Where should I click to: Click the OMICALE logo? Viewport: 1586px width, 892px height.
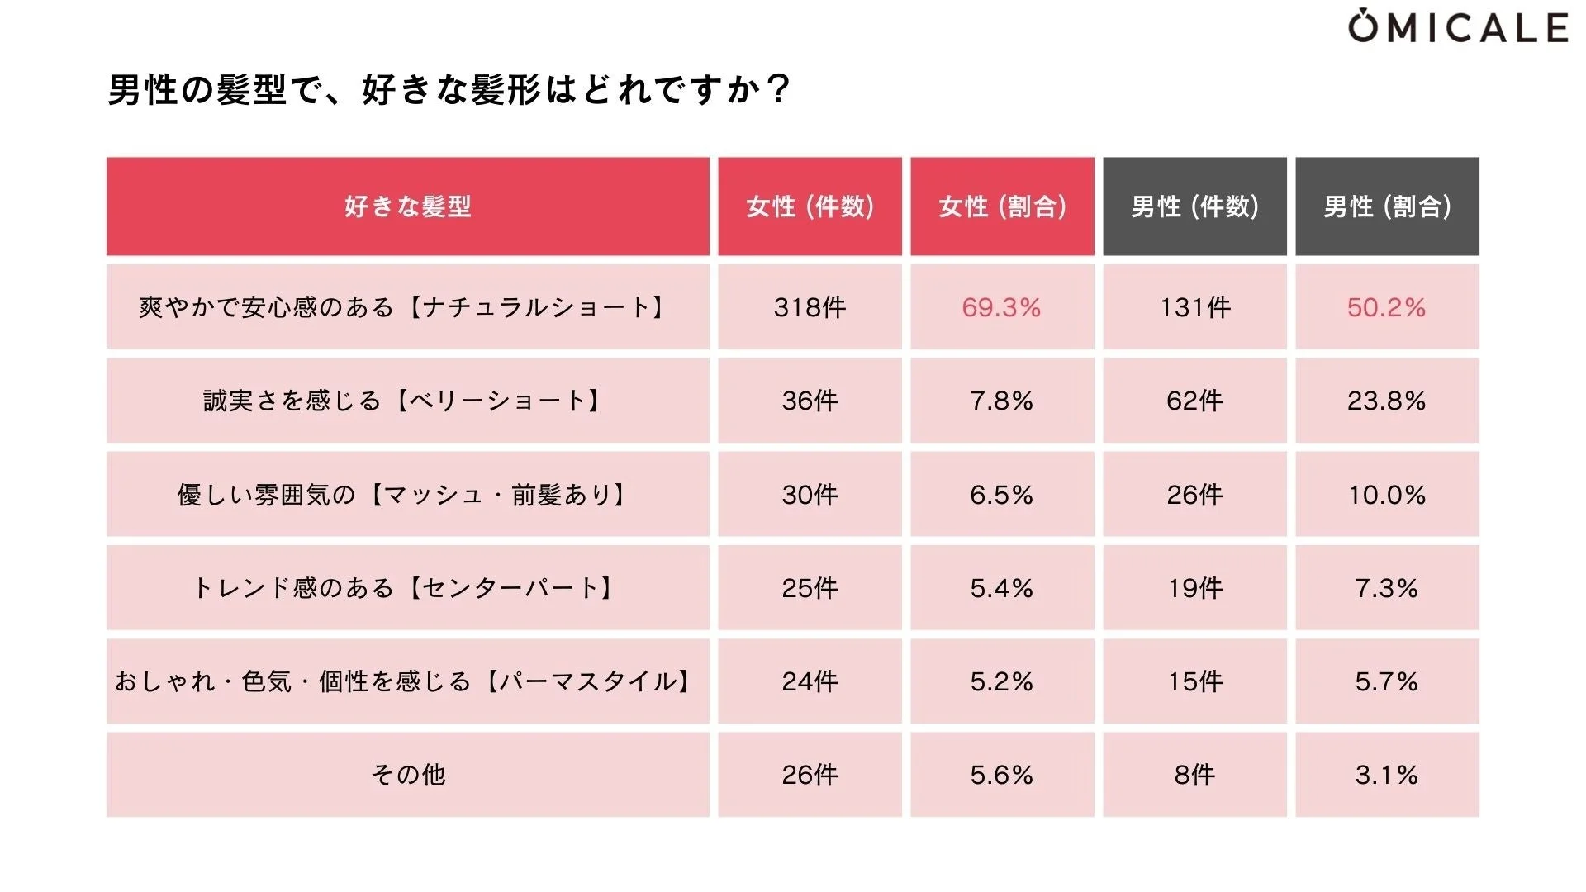1458,27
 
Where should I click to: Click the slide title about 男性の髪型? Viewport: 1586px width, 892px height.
449,89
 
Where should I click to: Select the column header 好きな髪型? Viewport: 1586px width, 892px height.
407,206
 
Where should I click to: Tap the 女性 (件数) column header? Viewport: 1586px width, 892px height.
810,206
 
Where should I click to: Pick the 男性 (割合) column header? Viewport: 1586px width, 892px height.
1387,206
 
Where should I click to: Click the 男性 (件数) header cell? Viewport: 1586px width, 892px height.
1194,206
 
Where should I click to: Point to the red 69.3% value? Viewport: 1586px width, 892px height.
1001,307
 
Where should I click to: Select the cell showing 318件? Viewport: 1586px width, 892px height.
810,307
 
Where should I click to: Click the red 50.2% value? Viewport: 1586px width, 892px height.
1386,307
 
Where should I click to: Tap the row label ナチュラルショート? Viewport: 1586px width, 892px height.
403,307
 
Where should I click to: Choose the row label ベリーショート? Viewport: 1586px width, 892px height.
403,401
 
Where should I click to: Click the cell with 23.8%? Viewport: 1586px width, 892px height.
1386,401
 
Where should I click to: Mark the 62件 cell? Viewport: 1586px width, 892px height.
1194,401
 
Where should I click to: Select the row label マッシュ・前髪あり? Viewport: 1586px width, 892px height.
403,495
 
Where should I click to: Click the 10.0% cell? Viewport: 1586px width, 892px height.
1386,495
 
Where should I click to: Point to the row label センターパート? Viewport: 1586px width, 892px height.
403,588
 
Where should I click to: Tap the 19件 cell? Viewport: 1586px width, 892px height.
1194,588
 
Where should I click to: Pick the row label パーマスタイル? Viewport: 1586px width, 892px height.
403,681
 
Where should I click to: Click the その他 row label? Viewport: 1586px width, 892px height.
407,775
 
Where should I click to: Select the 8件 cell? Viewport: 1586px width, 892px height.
1194,775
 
